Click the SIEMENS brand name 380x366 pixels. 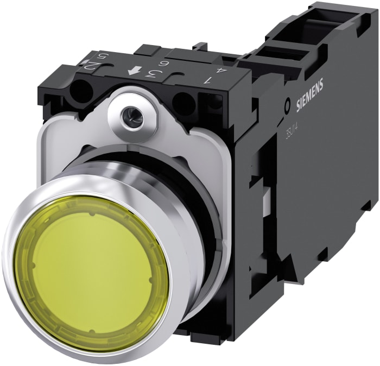pyautogui.click(x=309, y=96)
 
